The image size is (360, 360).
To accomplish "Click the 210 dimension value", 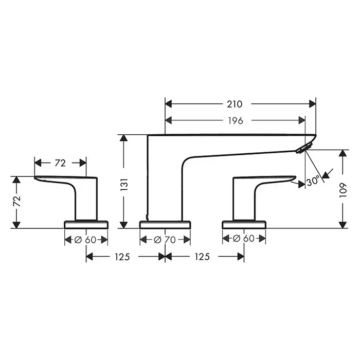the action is point(235,104).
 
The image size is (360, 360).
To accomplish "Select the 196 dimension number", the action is point(236,120).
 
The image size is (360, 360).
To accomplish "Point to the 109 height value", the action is point(343,190).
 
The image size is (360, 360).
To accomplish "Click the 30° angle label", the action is point(313,181).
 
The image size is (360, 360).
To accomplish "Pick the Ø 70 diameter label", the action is point(165,240).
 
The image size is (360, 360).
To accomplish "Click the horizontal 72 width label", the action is point(60,163).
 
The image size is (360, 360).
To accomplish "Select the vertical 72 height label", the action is point(17,201).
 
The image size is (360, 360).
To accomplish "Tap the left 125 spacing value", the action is point(122,257).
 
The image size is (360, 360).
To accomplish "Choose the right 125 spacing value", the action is point(202,257).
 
